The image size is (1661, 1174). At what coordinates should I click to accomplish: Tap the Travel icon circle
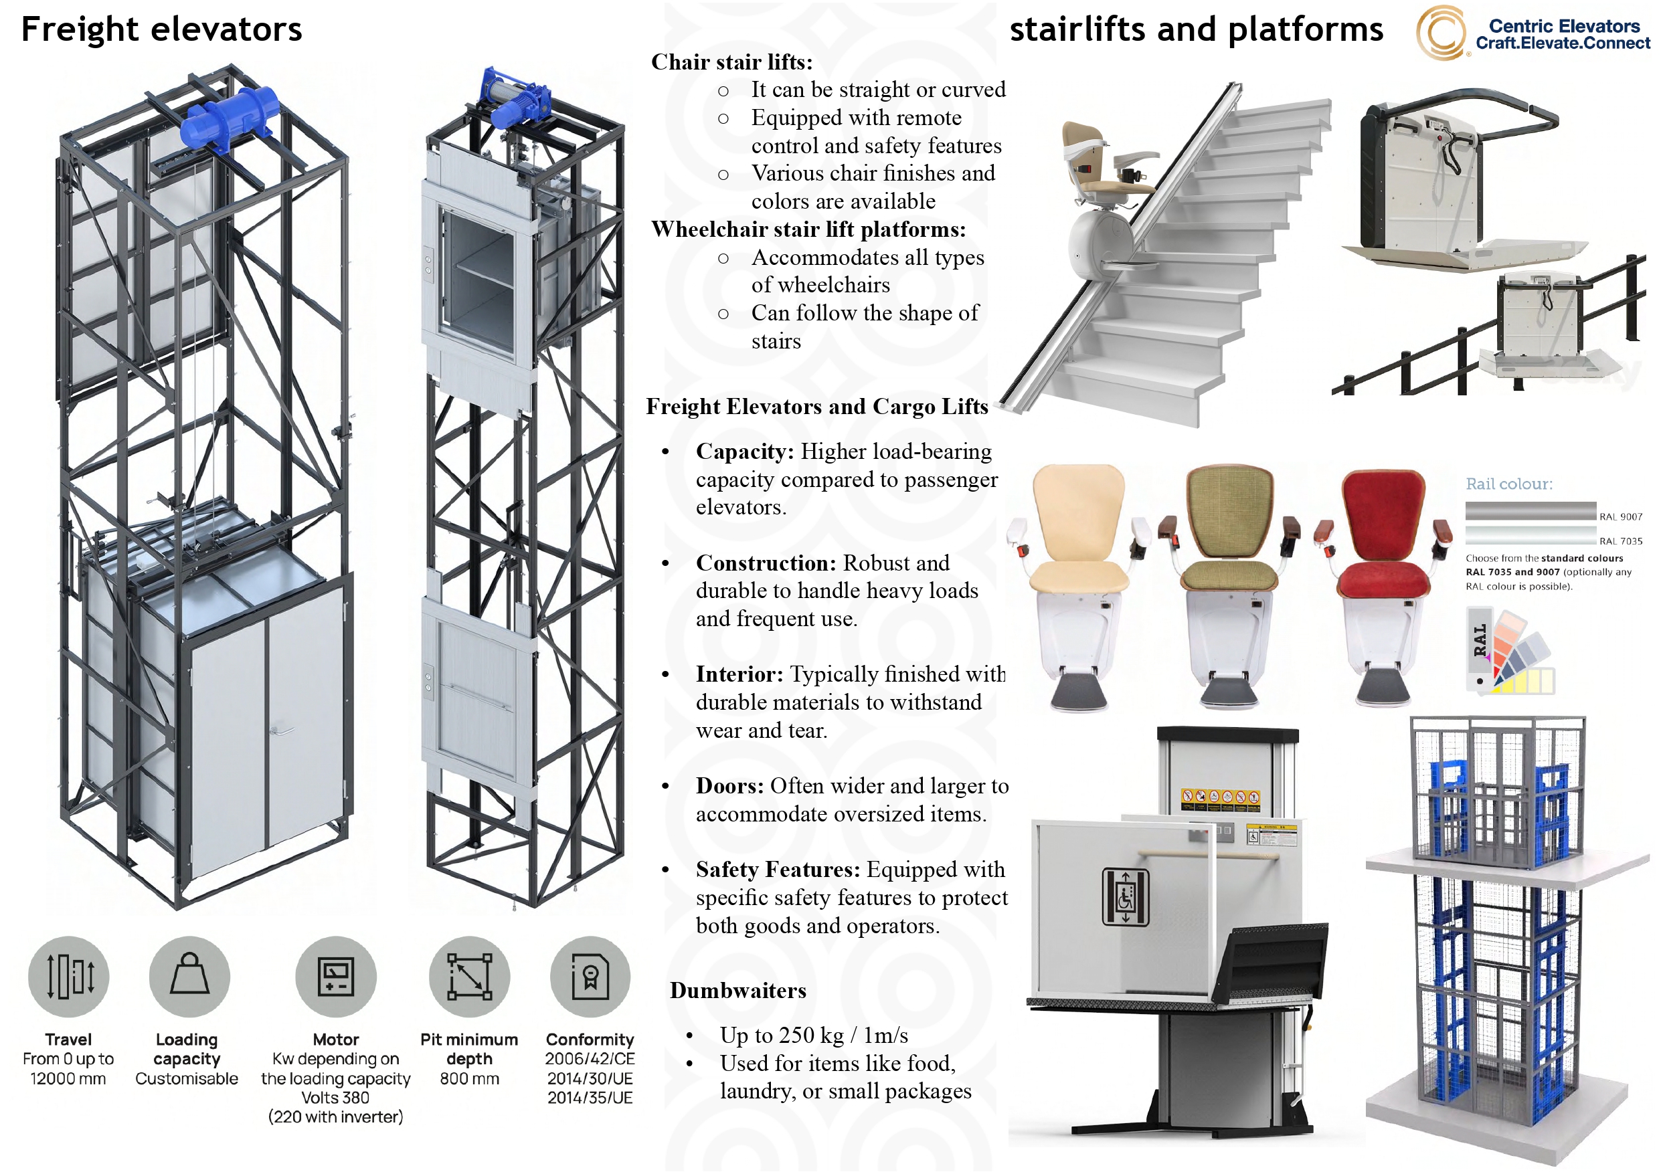pyautogui.click(x=68, y=977)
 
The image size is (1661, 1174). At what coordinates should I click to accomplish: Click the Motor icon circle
pyautogui.click(x=336, y=977)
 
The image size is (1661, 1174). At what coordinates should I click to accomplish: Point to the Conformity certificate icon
pyautogui.click(x=590, y=977)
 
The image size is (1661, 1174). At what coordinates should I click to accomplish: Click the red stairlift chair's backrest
pyautogui.click(x=1383, y=514)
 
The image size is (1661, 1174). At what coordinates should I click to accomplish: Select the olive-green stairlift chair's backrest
pyautogui.click(x=1230, y=510)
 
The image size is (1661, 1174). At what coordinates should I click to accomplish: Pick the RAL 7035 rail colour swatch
pyautogui.click(x=1530, y=535)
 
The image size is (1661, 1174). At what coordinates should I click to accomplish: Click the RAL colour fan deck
pyautogui.click(x=1512, y=651)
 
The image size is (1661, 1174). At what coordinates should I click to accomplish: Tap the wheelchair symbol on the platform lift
pyautogui.click(x=1125, y=897)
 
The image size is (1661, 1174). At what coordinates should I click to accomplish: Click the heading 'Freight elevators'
pyautogui.click(x=161, y=29)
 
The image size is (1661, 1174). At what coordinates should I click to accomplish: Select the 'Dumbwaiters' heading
pyautogui.click(x=738, y=990)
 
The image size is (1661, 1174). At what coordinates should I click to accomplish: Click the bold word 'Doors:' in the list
pyautogui.click(x=729, y=785)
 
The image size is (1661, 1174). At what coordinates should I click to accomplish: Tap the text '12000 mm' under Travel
pyautogui.click(x=68, y=1078)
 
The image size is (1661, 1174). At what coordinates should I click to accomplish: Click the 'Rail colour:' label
pyautogui.click(x=1509, y=484)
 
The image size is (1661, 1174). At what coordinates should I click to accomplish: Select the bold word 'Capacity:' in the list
pyautogui.click(x=744, y=452)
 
